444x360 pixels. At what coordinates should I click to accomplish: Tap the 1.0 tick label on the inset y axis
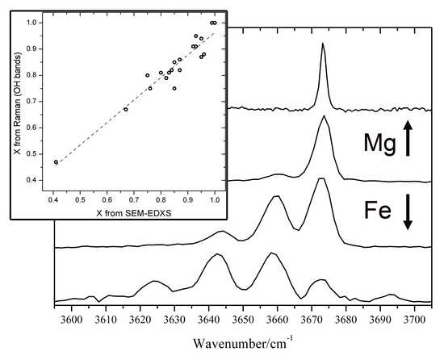click(31, 23)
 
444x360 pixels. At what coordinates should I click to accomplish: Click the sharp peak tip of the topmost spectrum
click(323, 44)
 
